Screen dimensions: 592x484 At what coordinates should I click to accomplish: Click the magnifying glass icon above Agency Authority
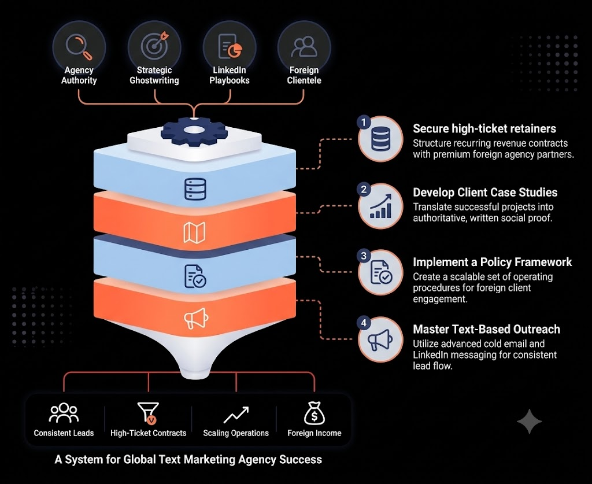point(79,47)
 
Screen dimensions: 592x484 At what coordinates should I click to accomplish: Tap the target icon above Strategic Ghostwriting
point(154,45)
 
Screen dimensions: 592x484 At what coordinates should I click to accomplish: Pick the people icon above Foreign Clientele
point(304,47)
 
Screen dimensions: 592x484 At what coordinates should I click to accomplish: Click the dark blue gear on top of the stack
point(194,131)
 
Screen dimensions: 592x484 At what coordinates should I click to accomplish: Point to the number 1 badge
point(364,123)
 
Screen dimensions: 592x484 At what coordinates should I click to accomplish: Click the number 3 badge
point(364,256)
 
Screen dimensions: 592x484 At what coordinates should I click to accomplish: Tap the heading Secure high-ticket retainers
point(484,129)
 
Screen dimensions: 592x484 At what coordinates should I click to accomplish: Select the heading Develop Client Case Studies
point(485,193)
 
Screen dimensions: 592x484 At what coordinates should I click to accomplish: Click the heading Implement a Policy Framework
point(493,262)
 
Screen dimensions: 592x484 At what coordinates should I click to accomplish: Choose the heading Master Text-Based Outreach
point(486,329)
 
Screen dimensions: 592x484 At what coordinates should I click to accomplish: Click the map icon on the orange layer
point(194,232)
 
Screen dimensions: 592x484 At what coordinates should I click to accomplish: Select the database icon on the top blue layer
point(195,189)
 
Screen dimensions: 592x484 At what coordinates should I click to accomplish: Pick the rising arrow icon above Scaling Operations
point(236,415)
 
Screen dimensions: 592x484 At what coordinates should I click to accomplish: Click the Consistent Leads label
point(64,433)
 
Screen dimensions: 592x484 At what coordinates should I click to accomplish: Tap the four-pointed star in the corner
point(529,421)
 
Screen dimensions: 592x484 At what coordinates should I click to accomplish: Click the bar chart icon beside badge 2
point(381,206)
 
